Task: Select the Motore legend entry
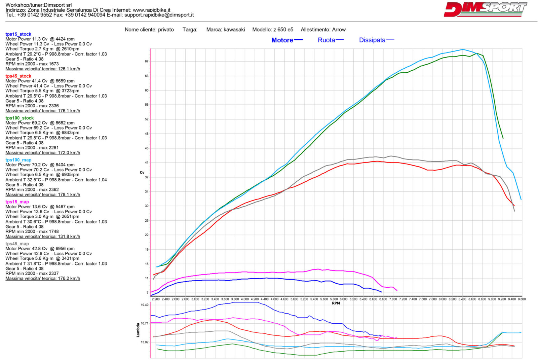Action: click(x=282, y=40)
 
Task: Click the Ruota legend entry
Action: click(x=326, y=40)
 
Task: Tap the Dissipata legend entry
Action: click(x=372, y=40)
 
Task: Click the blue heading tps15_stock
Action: click(x=18, y=34)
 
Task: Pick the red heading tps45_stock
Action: click(x=18, y=76)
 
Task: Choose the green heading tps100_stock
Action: click(x=20, y=118)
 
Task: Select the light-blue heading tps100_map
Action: click(x=18, y=160)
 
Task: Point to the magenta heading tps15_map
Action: click(x=17, y=202)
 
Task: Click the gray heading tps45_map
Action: click(x=17, y=244)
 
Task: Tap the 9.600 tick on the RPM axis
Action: click(x=522, y=299)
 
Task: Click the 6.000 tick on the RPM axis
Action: click(x=344, y=299)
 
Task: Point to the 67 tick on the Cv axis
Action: click(x=147, y=61)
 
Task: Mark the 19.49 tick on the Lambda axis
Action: click(x=145, y=305)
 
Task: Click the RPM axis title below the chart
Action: click(x=336, y=303)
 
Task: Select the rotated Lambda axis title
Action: click(x=138, y=330)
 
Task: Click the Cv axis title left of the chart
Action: click(x=142, y=172)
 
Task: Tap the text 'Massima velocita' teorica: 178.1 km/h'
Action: click(x=43, y=194)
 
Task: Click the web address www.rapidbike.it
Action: click(x=152, y=10)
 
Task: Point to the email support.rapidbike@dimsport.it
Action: click(x=159, y=15)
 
